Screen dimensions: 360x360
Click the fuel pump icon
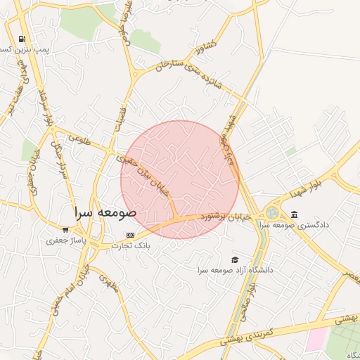coord(22,39)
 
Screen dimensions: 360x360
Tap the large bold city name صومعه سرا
coord(107,211)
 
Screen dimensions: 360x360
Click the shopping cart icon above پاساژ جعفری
coord(65,229)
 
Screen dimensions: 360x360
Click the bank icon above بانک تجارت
coord(130,235)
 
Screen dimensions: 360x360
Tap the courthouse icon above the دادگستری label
coord(294,214)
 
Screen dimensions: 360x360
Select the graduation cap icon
coord(234,260)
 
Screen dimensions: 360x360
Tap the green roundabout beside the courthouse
coord(272,212)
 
